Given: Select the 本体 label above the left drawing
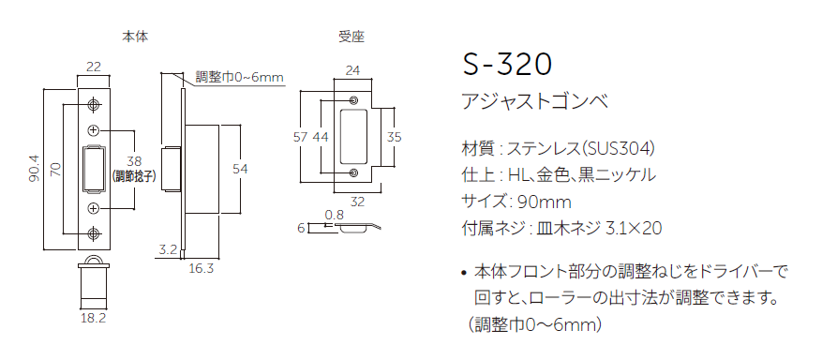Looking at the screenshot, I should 136,37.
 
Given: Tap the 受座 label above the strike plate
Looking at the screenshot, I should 351,37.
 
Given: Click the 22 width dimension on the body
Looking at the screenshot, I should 94,67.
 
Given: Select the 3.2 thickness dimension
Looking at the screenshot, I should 169,249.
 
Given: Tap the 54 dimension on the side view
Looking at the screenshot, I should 240,169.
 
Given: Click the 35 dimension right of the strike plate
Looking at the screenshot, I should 395,137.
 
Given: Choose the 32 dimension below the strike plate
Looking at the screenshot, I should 357,201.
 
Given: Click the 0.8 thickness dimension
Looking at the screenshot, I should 334,215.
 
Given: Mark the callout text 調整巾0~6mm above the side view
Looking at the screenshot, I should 239,77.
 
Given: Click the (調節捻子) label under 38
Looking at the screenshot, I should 134,175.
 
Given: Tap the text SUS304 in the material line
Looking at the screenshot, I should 617,148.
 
